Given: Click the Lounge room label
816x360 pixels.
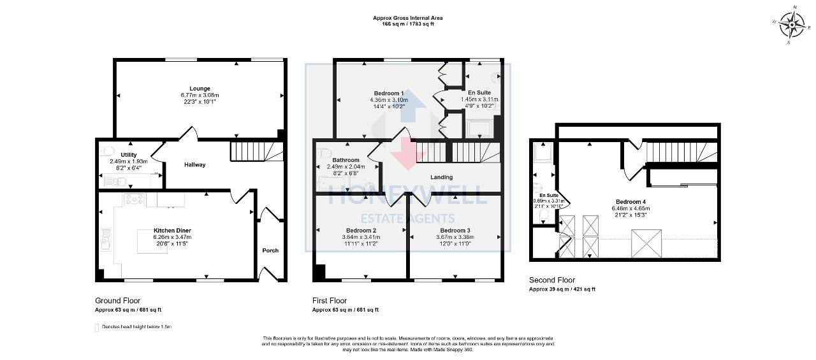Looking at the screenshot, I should pyautogui.click(x=200, y=89).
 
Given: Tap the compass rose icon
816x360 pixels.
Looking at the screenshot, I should pyautogui.click(x=792, y=25).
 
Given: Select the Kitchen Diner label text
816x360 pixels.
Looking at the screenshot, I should pyautogui.click(x=172, y=230).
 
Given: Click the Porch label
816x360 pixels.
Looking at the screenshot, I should pyautogui.click(x=270, y=250).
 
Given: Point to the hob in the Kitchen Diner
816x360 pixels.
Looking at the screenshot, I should pyautogui.click(x=134, y=199).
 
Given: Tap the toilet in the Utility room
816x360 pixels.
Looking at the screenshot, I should pyautogui.click(x=107, y=152).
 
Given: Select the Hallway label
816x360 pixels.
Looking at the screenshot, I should pyautogui.click(x=195, y=165).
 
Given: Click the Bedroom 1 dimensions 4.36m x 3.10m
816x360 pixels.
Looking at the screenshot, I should pyautogui.click(x=388, y=100).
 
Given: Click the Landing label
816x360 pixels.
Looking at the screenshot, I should pyautogui.click(x=441, y=177).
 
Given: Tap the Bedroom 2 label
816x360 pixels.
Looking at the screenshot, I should pyautogui.click(x=361, y=230).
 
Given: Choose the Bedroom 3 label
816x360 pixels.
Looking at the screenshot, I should pyautogui.click(x=455, y=230).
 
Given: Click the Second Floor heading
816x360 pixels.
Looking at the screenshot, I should pyautogui.click(x=552, y=280).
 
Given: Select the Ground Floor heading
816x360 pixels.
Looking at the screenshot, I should pyautogui.click(x=118, y=300).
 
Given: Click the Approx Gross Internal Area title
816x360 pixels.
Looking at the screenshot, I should pyautogui.click(x=407, y=18).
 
